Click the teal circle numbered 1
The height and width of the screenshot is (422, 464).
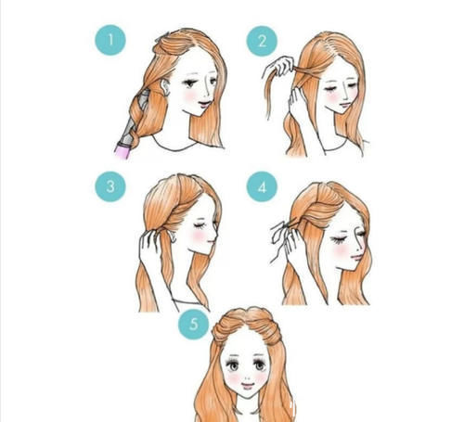[x=110, y=40]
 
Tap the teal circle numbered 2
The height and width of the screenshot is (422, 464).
[x=262, y=41]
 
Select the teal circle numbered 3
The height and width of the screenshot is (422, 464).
[x=110, y=186]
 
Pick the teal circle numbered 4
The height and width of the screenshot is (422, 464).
[x=262, y=186]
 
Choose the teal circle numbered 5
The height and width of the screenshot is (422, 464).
[x=194, y=325]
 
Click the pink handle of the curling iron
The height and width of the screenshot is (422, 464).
[x=122, y=150]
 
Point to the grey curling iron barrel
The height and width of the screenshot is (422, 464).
[x=134, y=119]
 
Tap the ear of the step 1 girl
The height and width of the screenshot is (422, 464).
[x=165, y=87]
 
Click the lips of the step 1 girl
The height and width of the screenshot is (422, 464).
[x=203, y=105]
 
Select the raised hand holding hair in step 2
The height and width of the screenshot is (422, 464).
[x=280, y=67]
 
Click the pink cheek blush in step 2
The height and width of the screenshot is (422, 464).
[x=332, y=96]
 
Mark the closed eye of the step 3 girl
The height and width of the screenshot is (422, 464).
[x=200, y=225]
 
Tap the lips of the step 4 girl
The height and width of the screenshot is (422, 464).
[x=357, y=257]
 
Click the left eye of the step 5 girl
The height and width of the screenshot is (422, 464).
[x=233, y=365]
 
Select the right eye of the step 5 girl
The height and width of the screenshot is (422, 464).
[x=260, y=365]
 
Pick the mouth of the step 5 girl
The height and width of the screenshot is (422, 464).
[x=248, y=386]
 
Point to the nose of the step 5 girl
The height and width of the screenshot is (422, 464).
[x=247, y=378]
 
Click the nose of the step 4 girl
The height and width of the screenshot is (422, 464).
[x=360, y=247]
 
